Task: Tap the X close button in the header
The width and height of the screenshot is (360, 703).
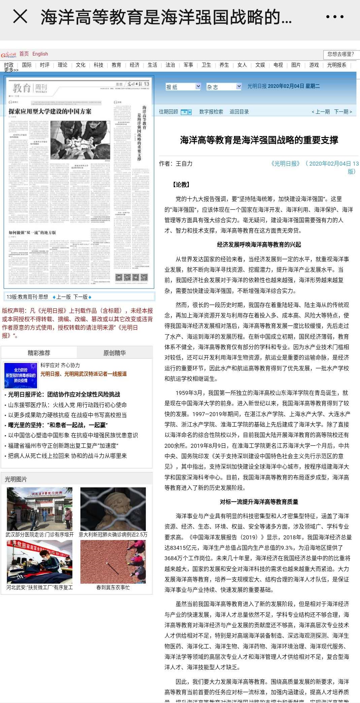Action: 20,16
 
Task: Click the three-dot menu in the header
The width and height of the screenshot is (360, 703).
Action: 335,16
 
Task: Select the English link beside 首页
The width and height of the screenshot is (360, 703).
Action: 40,54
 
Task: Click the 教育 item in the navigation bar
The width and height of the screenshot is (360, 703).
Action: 116,65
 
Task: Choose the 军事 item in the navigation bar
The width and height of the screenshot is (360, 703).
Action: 188,65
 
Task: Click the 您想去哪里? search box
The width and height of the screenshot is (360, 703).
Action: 341,54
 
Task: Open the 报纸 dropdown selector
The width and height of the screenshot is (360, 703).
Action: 183,87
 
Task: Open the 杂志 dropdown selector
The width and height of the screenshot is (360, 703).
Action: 224,87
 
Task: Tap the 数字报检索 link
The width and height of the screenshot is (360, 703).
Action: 211,112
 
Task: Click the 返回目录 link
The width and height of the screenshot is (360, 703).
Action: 239,112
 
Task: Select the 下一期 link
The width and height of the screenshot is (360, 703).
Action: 343,112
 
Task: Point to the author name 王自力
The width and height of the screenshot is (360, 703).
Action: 184,164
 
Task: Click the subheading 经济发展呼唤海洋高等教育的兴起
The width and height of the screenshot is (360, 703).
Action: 259,245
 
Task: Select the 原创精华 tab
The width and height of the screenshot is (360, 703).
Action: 114,353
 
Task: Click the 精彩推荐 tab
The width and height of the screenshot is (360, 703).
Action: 39,353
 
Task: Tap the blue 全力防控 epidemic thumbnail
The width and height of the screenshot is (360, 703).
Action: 21,375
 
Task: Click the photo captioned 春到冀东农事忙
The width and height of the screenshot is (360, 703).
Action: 113,562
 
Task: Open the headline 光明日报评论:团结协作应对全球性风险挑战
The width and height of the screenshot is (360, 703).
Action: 64,394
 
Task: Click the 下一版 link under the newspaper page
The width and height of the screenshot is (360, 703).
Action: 81,297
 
